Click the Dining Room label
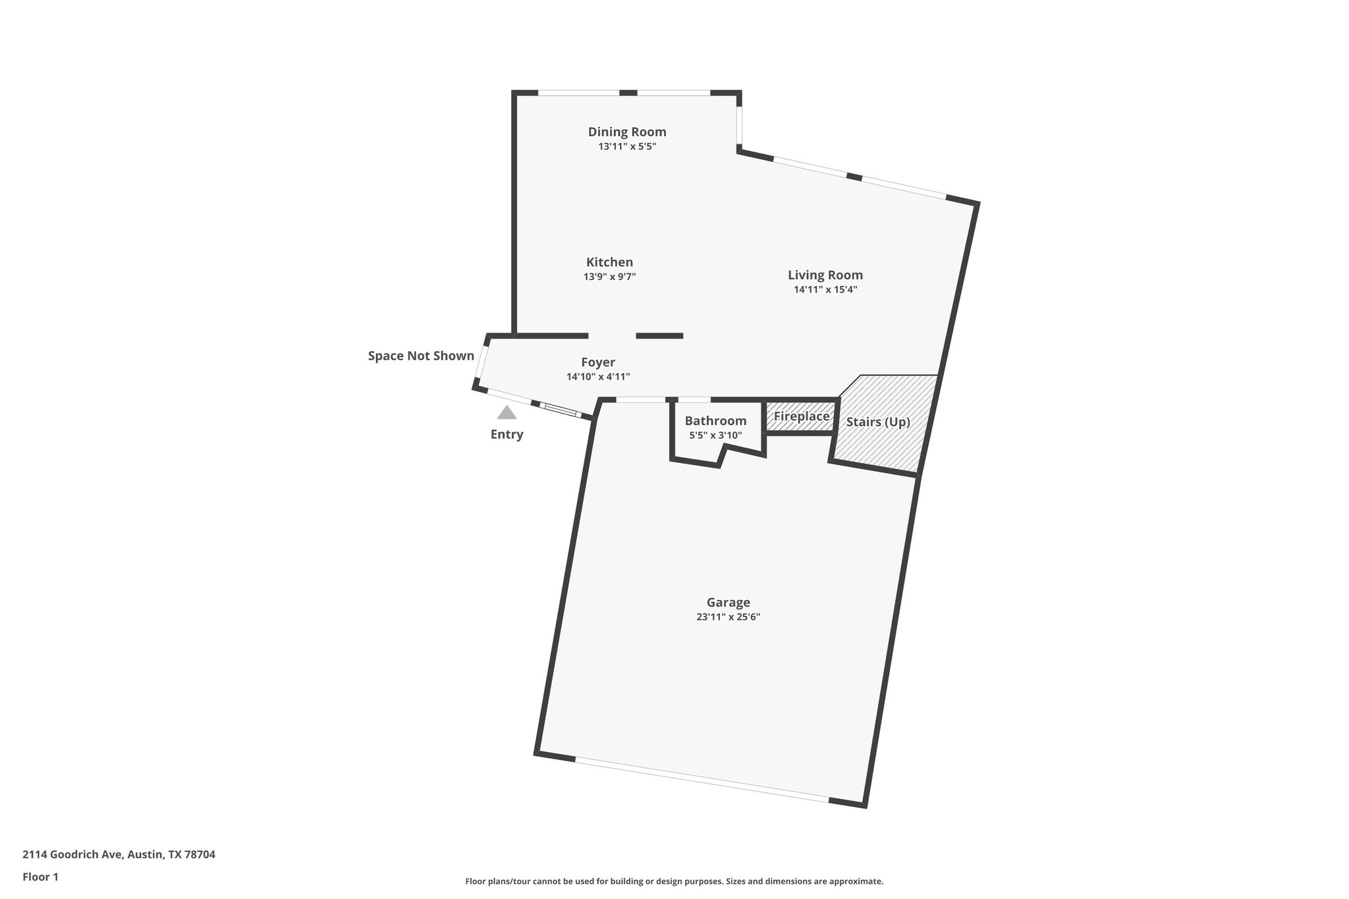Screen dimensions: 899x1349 click(627, 132)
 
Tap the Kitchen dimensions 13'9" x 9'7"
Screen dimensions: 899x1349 click(609, 277)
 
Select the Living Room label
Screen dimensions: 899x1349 click(825, 275)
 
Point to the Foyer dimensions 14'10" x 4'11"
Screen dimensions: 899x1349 click(598, 377)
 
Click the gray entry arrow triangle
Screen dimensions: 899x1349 click(507, 413)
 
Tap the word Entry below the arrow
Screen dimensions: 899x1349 click(507, 435)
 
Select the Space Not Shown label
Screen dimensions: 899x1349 click(421, 356)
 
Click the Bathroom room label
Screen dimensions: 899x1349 click(715, 421)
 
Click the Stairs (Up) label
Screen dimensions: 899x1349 click(878, 422)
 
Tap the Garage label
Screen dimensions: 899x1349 click(729, 602)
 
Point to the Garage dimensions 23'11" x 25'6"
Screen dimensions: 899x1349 click(729, 617)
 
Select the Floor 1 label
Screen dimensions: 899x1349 click(41, 877)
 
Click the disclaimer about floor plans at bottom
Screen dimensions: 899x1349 click(674, 881)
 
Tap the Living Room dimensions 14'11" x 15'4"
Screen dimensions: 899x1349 click(825, 289)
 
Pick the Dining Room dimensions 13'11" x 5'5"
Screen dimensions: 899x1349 click(627, 146)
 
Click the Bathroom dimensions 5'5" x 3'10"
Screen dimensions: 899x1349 click(715, 435)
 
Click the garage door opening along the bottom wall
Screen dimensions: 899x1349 click(702, 780)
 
